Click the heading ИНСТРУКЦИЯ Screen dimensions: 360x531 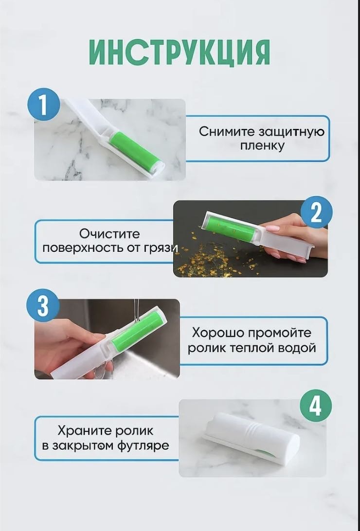180,53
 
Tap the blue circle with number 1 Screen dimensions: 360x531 43,106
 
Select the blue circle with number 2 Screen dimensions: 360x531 316,212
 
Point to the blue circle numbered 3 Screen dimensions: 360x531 43,306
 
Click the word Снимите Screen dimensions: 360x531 227,131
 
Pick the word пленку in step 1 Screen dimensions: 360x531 262,146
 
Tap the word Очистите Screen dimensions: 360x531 109,234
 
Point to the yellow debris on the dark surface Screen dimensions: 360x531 217,257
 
